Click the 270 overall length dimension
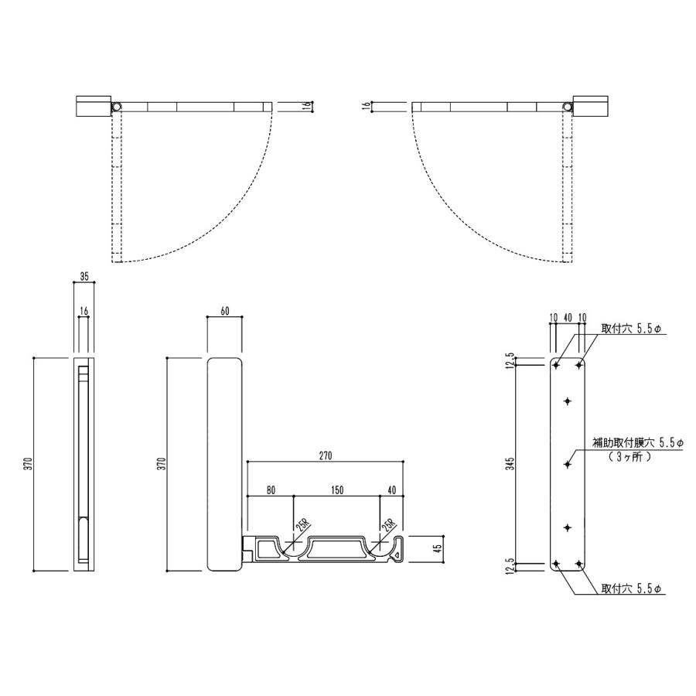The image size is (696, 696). pyautogui.click(x=326, y=455)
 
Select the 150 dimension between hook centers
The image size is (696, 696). pyautogui.click(x=337, y=490)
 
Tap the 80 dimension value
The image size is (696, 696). pyautogui.click(x=271, y=490)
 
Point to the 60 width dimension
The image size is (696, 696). pyautogui.click(x=224, y=311)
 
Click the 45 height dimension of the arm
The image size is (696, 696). pyautogui.click(x=438, y=549)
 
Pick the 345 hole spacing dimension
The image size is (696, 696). pyautogui.click(x=511, y=464)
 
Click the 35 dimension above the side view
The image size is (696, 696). pyautogui.click(x=84, y=276)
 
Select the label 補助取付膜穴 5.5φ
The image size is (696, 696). pyautogui.click(x=638, y=442)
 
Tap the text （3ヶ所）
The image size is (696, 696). pyautogui.click(x=629, y=457)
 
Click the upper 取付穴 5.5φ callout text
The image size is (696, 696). pyautogui.click(x=631, y=329)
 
